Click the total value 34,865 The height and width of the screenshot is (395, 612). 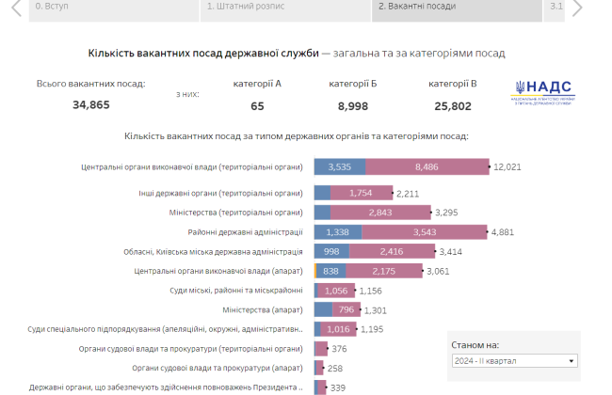pyautogui.click(x=91, y=105)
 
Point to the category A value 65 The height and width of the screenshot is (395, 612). pyautogui.click(x=257, y=105)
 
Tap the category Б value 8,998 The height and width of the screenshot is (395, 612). pyautogui.click(x=353, y=105)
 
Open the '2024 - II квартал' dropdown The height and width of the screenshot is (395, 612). pyautogui.click(x=513, y=360)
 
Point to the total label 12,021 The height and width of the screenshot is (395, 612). pyautogui.click(x=507, y=167)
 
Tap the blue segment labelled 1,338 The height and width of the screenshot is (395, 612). pyautogui.click(x=336, y=232)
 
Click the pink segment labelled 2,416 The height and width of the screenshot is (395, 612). pyautogui.click(x=391, y=252)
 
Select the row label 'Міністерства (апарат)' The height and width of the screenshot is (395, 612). pyautogui.click(x=263, y=310)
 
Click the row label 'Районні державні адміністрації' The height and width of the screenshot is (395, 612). pyautogui.click(x=245, y=232)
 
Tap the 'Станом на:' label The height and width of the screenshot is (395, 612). pyautogui.click(x=475, y=345)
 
